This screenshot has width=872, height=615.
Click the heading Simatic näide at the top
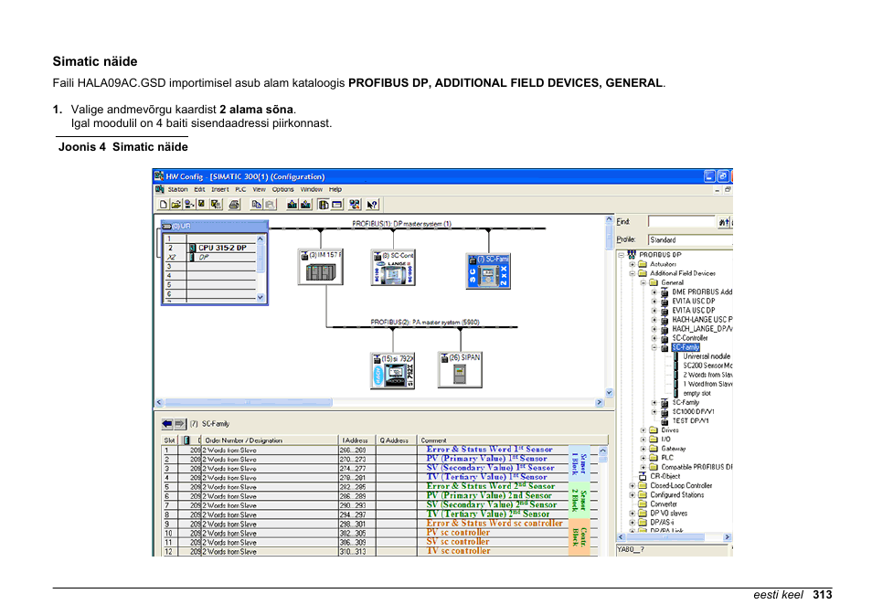pyautogui.click(x=94, y=62)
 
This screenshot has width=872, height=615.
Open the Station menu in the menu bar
pyautogui.click(x=177, y=189)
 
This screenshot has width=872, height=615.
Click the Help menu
pyautogui.click(x=335, y=189)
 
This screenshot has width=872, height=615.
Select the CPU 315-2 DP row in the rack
pyautogui.click(x=222, y=248)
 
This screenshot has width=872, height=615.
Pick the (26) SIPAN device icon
pyautogui.click(x=459, y=369)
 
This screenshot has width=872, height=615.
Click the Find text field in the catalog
pyautogui.click(x=680, y=222)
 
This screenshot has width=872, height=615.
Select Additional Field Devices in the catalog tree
pyautogui.click(x=682, y=273)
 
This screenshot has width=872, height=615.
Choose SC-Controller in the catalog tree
pyautogui.click(x=689, y=338)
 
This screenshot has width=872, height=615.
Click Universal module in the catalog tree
pyautogui.click(x=707, y=356)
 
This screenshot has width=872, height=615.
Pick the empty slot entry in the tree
pyautogui.click(x=697, y=393)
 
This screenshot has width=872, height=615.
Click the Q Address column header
pyautogui.click(x=394, y=440)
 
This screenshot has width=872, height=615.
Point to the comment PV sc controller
pyautogui.click(x=458, y=532)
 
